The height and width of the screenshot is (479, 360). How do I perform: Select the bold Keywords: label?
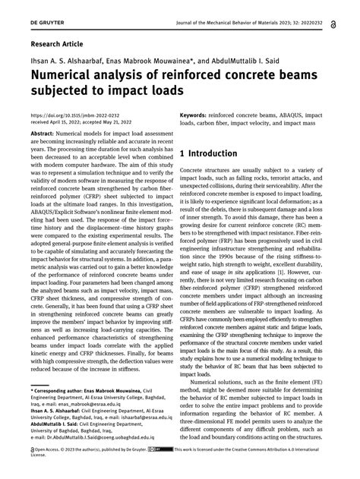click(x=198, y=116)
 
